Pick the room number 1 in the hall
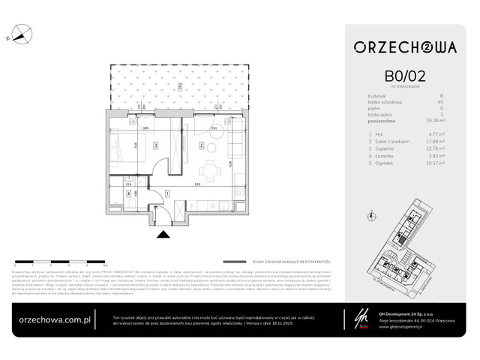(167, 193)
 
